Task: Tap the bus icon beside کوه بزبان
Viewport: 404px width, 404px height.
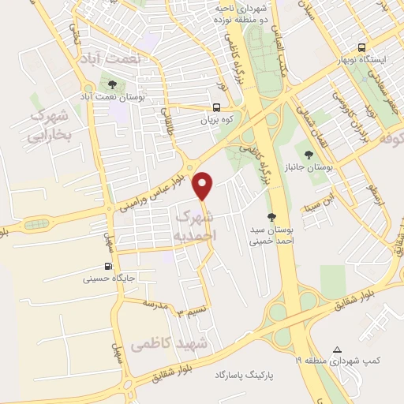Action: (x=217, y=109)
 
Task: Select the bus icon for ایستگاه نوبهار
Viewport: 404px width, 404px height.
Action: (x=361, y=47)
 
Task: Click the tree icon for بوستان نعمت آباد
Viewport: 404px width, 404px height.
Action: (x=111, y=85)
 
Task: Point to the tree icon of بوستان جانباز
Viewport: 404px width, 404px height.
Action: (x=309, y=151)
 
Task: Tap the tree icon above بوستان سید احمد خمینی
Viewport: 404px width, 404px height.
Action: (x=271, y=216)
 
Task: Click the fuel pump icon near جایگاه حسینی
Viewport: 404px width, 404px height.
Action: (x=107, y=266)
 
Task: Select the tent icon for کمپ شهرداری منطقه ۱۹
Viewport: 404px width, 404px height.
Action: (x=337, y=349)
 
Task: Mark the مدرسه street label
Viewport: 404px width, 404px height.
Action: (x=155, y=304)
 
